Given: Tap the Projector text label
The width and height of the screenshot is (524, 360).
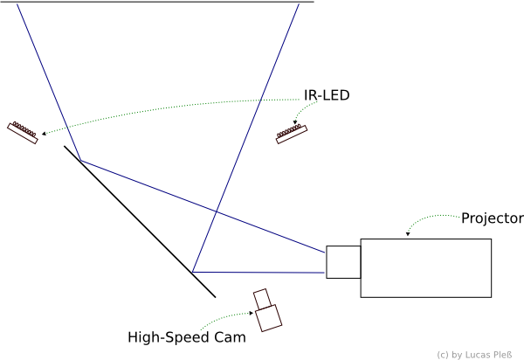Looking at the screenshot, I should click(492, 218).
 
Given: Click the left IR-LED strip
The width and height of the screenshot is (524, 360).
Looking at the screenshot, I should click(23, 131).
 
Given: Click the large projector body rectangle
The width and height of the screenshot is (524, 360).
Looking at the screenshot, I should click(426, 267).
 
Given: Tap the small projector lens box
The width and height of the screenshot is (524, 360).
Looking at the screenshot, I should click(343, 262).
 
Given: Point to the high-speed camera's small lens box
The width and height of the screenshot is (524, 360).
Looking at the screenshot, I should click(261, 299).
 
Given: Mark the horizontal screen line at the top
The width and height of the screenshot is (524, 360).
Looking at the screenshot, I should click(157, 3).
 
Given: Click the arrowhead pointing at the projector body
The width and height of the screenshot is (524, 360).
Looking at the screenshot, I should click(409, 235).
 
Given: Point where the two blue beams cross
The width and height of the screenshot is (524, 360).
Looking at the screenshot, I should click(216, 211).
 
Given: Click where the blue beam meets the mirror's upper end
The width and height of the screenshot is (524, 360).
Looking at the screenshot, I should click(79, 161).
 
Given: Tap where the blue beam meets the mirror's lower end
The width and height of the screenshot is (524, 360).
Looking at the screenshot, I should click(192, 272).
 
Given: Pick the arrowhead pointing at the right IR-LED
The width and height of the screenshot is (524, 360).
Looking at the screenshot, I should click(296, 124).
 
